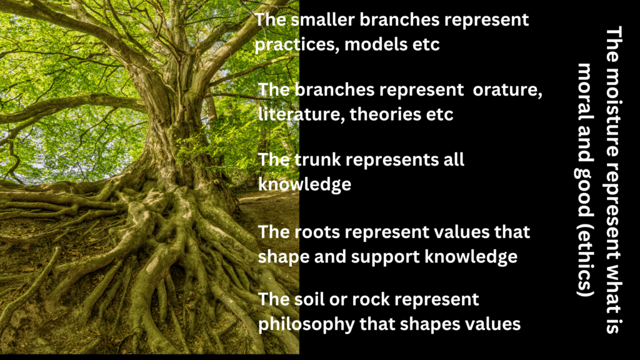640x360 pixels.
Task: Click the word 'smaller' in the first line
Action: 323,19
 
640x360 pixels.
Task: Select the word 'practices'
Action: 296,45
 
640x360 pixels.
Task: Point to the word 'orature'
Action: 507,90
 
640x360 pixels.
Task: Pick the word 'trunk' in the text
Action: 317,159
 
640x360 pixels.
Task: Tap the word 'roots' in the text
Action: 317,232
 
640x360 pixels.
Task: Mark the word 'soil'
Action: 309,299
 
